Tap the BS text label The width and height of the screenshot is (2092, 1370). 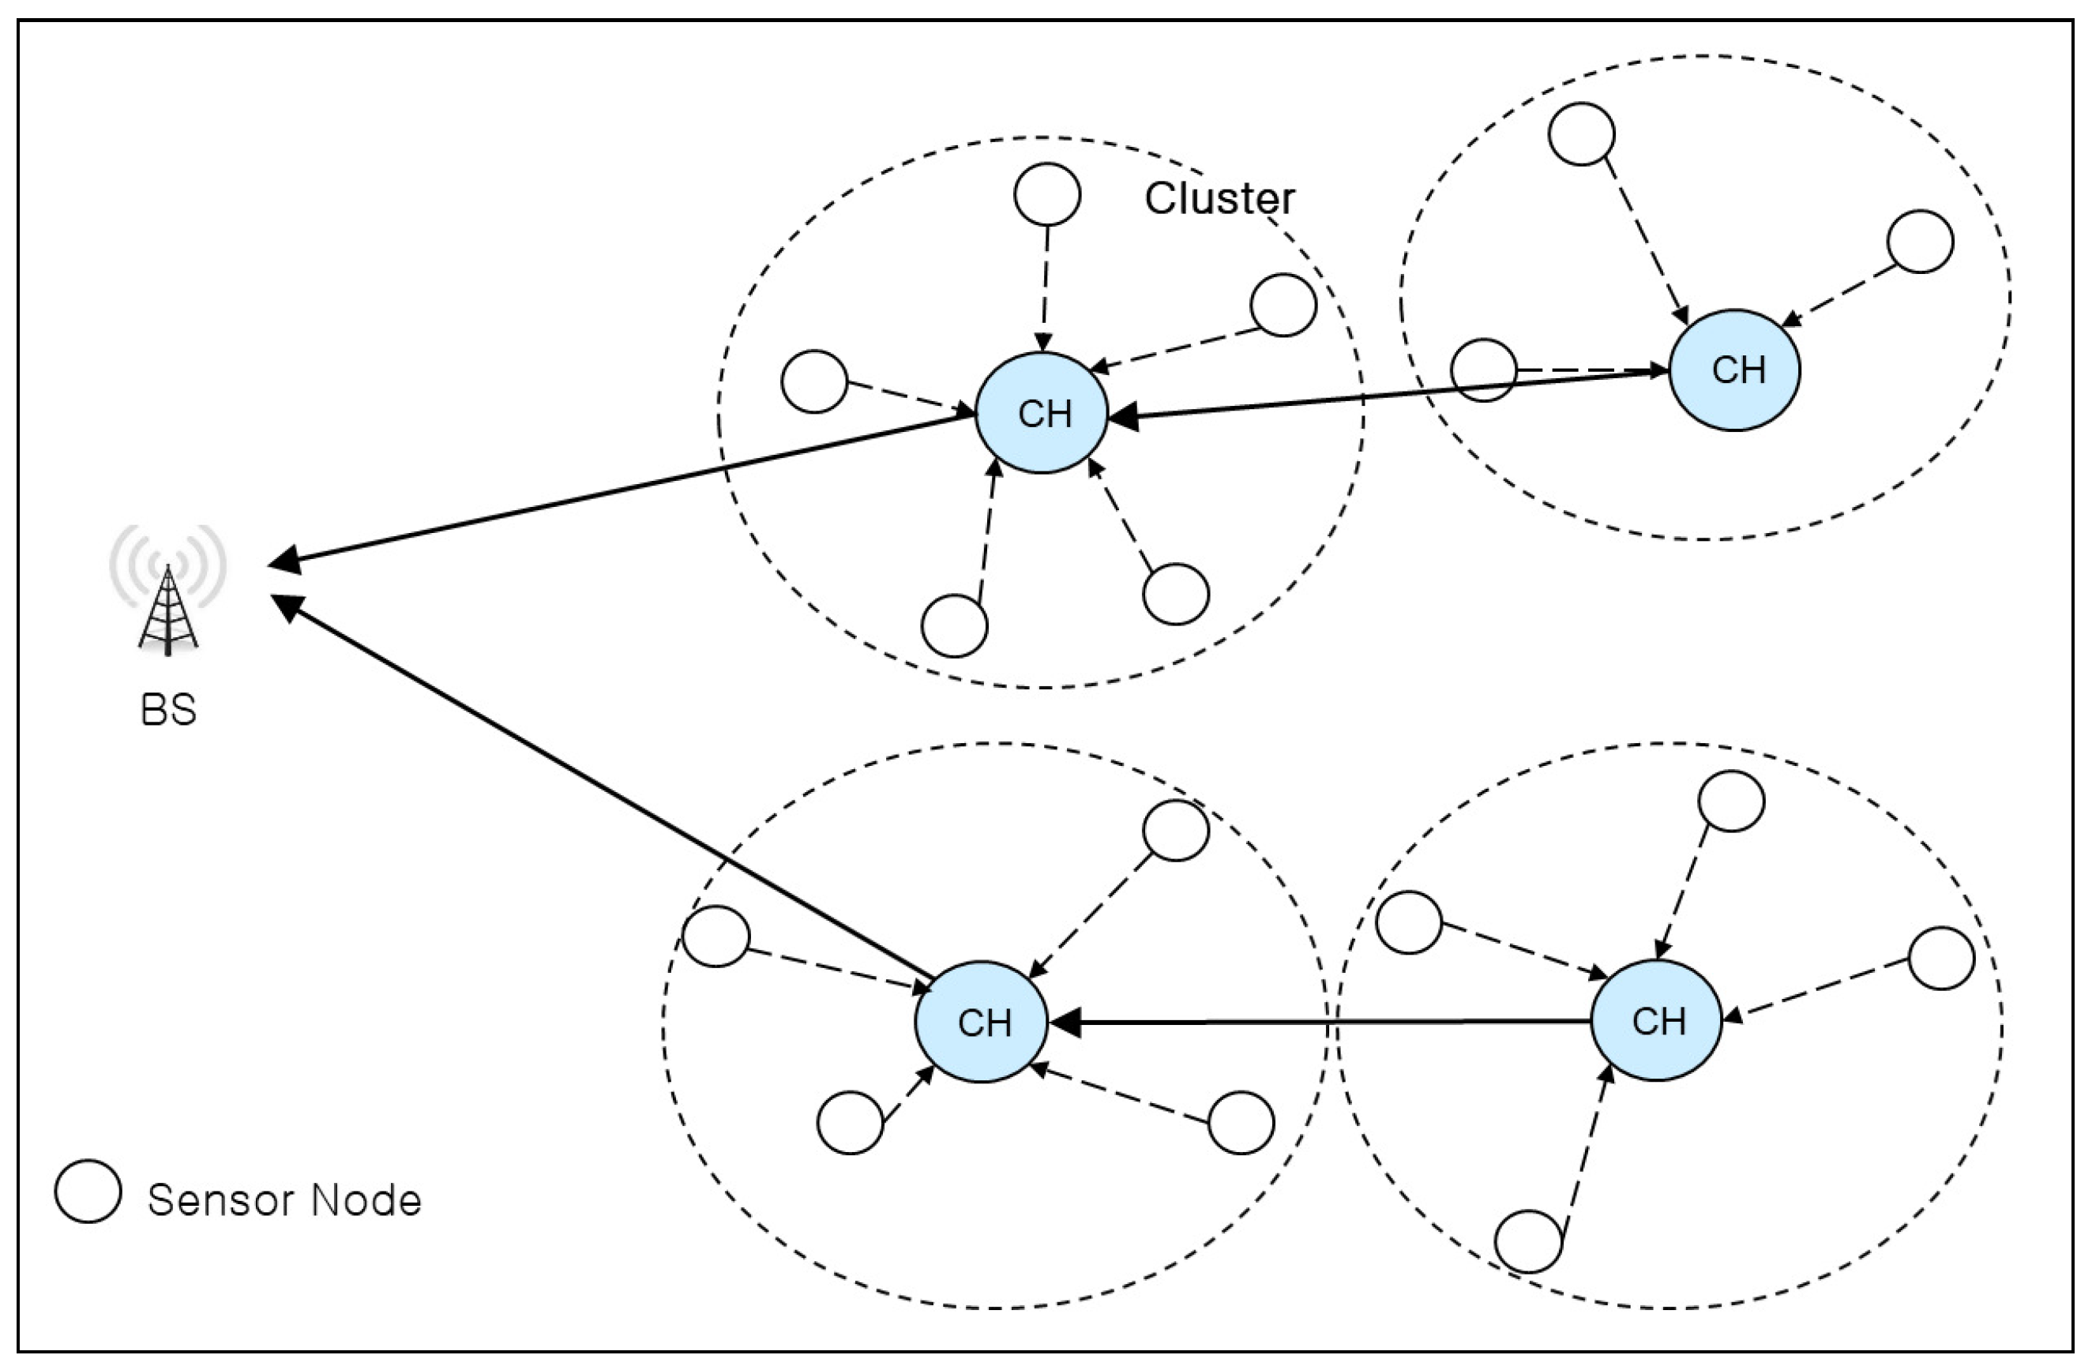[168, 710]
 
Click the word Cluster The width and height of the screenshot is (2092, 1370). [1219, 199]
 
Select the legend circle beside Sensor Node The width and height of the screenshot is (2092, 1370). [88, 1192]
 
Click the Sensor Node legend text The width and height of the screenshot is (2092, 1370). [285, 1200]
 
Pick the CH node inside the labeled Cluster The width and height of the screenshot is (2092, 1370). [1042, 413]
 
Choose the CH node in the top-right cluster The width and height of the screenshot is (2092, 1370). [1734, 370]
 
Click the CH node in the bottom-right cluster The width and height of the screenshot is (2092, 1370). [1656, 1020]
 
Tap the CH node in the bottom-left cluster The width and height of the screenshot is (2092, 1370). [981, 1022]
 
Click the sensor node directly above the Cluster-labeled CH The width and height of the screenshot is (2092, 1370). [1047, 194]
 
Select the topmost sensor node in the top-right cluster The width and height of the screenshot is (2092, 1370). [1581, 134]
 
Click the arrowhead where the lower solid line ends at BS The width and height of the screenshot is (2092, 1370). [287, 606]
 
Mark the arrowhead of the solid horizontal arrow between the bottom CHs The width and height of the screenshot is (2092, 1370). [1065, 1023]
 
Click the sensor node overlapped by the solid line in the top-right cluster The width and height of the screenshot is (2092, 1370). [1484, 370]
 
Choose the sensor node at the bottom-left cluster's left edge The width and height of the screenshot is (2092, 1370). [716, 936]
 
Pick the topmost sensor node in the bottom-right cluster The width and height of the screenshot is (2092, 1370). [1731, 801]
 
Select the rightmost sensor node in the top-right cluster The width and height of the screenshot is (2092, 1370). [1921, 242]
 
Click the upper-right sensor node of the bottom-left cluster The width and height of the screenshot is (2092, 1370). [1176, 831]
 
